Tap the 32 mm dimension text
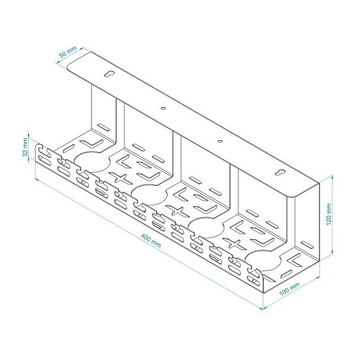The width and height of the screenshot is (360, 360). [25, 150]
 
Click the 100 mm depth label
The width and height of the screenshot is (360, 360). [291, 290]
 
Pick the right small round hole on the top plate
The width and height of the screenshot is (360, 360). [220, 139]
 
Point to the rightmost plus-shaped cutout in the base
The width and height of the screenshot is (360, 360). [233, 242]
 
